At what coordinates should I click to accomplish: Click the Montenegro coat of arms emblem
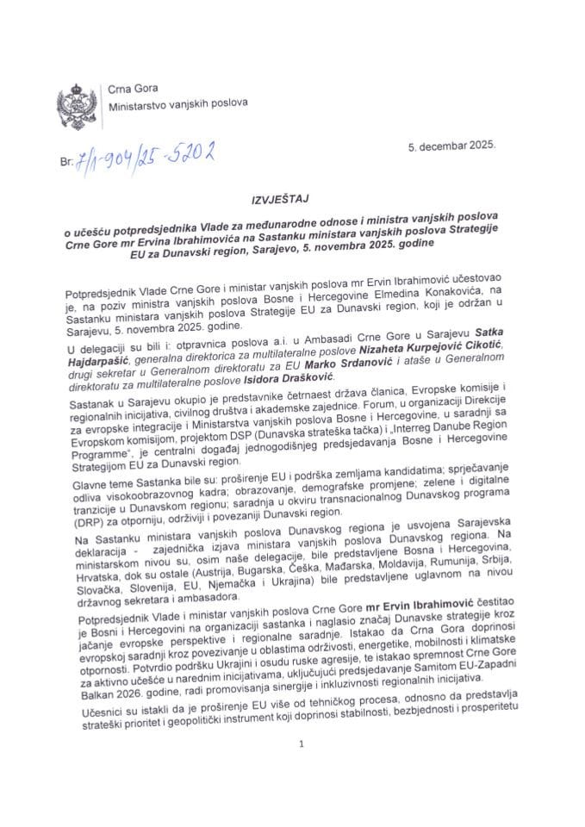point(72,92)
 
